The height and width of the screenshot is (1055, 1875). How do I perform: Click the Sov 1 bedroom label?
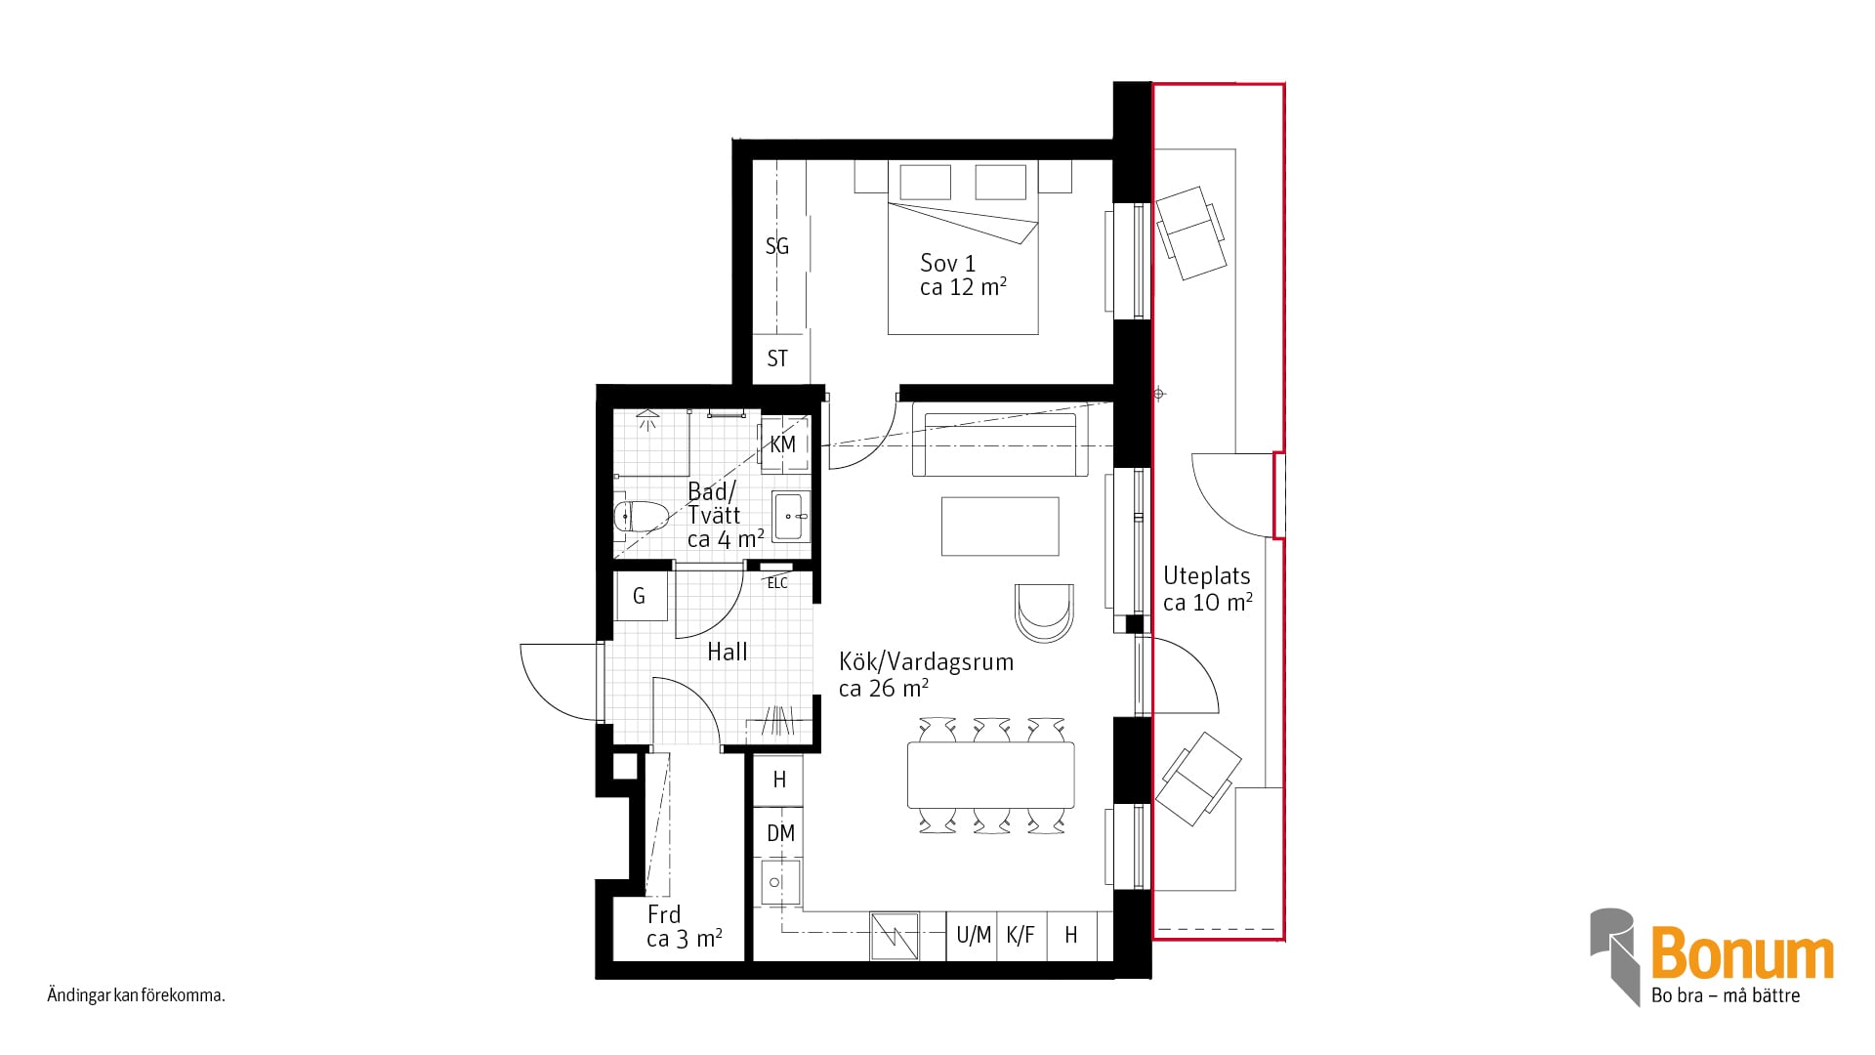coord(947,263)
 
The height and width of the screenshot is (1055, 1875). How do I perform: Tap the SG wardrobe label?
coord(777,246)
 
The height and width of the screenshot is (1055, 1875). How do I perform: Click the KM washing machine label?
coord(783,444)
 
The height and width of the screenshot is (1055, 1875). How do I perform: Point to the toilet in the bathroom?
coord(640,515)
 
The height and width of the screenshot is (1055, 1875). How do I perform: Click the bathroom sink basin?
coord(789,516)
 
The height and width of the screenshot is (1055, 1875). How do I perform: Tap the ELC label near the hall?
coord(777,583)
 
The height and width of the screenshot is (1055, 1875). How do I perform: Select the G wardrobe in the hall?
coord(641,596)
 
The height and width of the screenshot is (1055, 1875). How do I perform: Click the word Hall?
coord(728,652)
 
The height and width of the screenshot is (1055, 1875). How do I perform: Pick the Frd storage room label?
coord(664,914)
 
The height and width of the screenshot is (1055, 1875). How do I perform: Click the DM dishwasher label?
coord(780,833)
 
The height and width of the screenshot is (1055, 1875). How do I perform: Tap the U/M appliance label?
coord(974,936)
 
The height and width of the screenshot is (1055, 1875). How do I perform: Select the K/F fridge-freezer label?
coord(1020,936)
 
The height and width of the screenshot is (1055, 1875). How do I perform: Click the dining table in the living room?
coord(990,776)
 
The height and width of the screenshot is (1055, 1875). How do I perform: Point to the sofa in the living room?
coord(1001,444)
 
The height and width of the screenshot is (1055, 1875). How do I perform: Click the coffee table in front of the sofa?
coord(1000,527)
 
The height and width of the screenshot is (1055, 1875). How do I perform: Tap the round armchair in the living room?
coord(1044,612)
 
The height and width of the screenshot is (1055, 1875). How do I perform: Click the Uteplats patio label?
coord(1207,576)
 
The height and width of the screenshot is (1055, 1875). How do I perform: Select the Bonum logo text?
coord(1742,954)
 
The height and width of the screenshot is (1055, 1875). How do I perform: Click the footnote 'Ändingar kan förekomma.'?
coord(137,996)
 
